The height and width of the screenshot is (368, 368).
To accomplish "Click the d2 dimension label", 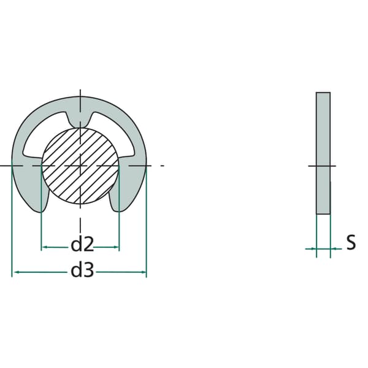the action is pos(82,244).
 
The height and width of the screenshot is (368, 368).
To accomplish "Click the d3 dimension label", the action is pos(82,270).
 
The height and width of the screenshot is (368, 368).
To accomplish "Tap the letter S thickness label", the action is pos(351,242).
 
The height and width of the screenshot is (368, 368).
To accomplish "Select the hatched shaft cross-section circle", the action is pos(80,166).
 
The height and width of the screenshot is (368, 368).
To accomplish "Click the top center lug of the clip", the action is pos(80,120).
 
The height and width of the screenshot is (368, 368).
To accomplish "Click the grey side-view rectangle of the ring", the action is pos(323,153).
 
